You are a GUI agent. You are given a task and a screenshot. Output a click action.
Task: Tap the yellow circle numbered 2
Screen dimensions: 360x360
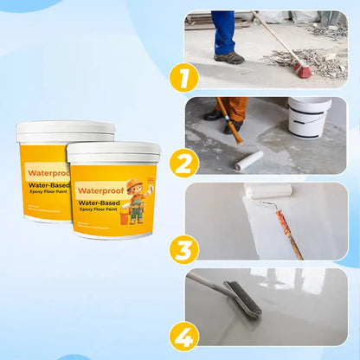click(183, 163)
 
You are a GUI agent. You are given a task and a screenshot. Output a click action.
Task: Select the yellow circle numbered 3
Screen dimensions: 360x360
click(183, 248)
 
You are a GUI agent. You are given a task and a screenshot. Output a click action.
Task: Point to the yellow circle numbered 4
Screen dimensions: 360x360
click(183, 334)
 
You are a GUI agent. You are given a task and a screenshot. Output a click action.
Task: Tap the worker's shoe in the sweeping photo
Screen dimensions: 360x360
click(229, 58)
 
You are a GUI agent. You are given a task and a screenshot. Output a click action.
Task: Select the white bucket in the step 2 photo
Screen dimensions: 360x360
click(310, 117)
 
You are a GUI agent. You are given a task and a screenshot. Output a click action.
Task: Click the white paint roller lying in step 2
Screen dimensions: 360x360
click(249, 159)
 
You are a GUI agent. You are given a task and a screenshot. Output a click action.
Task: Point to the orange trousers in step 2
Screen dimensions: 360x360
click(235, 107)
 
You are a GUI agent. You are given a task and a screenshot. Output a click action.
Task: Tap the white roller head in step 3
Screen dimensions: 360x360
click(267, 190)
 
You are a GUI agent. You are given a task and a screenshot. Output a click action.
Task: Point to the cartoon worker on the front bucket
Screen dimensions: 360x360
click(136, 200)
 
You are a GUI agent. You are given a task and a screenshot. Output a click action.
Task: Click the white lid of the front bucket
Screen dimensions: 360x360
click(113, 152)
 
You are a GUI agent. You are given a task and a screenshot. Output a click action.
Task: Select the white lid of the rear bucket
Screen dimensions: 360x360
click(64, 131)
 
